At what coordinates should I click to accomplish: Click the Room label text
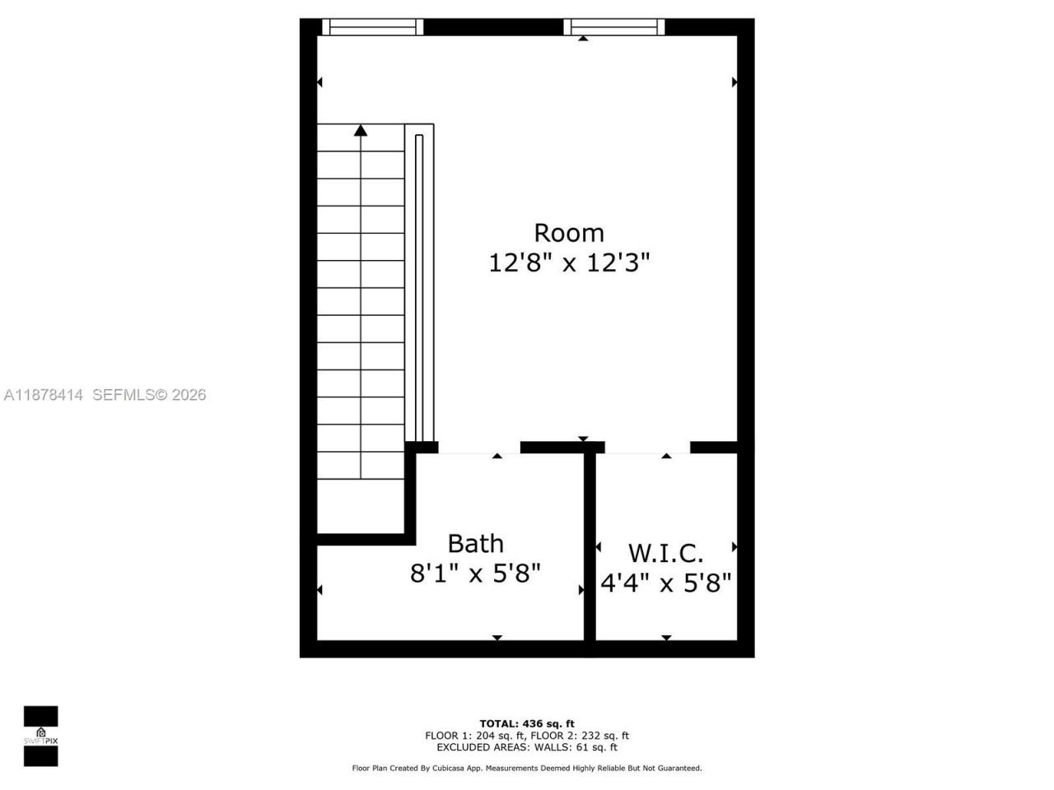pos(569,233)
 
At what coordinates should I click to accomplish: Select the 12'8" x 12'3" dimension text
pos(569,263)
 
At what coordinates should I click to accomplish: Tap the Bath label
pos(475,544)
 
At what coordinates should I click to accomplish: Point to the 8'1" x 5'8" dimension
pos(475,573)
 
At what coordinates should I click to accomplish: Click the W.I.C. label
pos(665,552)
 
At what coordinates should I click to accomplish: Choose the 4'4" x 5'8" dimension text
pos(665,583)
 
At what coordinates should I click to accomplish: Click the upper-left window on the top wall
pos(372,27)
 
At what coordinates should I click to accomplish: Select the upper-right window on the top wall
pos(614,27)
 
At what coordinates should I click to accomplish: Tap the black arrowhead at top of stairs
pos(361,130)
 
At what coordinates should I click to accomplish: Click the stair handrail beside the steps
pos(419,285)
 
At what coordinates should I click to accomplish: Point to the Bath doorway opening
pos(479,448)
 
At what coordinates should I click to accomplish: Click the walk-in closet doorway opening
pos(647,448)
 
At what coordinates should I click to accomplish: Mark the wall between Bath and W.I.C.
pos(590,543)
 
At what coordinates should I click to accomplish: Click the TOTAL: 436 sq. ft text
pos(527,723)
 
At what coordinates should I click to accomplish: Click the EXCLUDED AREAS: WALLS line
pos(527,747)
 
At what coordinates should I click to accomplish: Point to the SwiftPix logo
pos(40,736)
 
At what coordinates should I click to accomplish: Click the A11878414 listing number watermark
pos(44,395)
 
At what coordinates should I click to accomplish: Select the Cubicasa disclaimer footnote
pos(527,768)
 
